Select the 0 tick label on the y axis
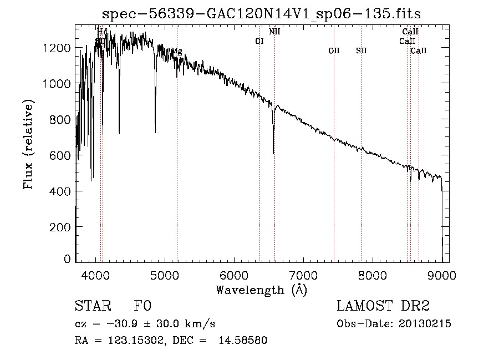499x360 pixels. click(x=67, y=259)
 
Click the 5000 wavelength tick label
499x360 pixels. click(x=165, y=275)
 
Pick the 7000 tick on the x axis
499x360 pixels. click(x=303, y=275)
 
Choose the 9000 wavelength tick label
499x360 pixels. click(x=442, y=275)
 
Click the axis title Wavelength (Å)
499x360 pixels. click(x=261, y=290)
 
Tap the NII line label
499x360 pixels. click(x=274, y=32)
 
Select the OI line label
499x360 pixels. click(x=259, y=41)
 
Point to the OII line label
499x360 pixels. click(x=334, y=51)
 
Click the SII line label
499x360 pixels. click(x=361, y=51)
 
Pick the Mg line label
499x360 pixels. click(x=177, y=52)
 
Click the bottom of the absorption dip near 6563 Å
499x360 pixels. click(x=273, y=153)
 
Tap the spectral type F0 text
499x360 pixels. click(x=142, y=306)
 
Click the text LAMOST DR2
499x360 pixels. click(x=383, y=306)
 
